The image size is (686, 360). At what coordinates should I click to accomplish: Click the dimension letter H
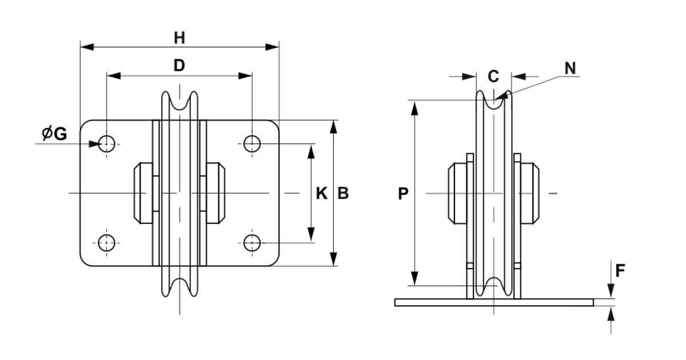(x=180, y=38)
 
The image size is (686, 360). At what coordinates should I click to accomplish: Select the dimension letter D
(x=180, y=65)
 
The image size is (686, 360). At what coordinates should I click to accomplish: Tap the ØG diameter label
(x=54, y=134)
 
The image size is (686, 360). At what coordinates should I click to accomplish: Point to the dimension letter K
(x=321, y=194)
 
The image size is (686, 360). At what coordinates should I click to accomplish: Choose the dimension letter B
(x=344, y=194)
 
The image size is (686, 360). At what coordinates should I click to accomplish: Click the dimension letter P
(x=403, y=194)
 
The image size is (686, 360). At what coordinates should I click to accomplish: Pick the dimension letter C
(x=493, y=76)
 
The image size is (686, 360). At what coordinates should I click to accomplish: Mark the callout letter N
(x=571, y=68)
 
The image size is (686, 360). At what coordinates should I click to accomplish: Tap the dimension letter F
(x=620, y=271)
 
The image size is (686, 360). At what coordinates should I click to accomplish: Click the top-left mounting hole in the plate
(x=106, y=144)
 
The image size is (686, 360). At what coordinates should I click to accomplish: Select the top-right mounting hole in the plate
(x=252, y=144)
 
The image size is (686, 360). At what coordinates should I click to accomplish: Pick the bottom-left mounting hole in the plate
(x=106, y=243)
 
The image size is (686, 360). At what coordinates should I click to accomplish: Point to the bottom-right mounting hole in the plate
(x=252, y=243)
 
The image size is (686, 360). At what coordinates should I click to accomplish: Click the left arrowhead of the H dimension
(x=87, y=47)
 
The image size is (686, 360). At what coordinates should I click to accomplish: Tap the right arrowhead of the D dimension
(x=245, y=76)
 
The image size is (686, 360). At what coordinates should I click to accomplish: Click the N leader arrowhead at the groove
(x=501, y=96)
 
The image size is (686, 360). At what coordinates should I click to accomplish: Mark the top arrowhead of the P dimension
(x=414, y=108)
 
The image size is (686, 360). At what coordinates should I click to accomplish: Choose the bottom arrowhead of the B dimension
(x=333, y=259)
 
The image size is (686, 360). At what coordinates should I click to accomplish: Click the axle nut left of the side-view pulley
(x=458, y=194)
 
